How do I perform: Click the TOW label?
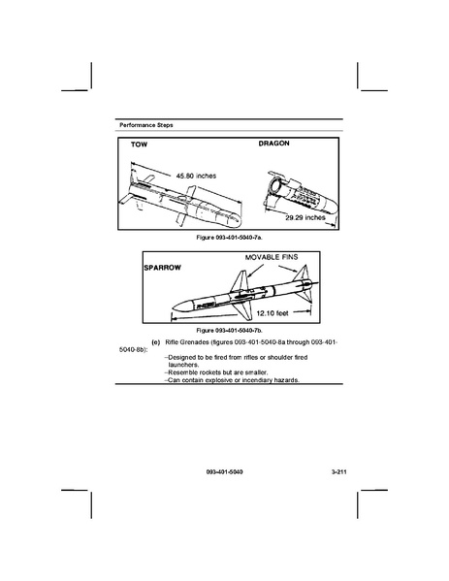139,145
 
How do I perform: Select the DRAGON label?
274,144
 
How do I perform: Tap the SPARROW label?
163,268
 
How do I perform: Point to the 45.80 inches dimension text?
196,176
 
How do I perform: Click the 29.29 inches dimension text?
305,217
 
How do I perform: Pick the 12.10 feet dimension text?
273,313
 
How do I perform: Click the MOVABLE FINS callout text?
272,257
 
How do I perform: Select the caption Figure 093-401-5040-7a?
229,238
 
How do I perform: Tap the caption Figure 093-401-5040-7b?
229,330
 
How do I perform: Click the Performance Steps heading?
146,125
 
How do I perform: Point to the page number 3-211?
339,472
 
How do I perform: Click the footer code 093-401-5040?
225,472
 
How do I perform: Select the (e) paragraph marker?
156,342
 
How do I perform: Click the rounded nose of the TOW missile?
236,221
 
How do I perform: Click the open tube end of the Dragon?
274,184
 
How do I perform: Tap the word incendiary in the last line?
257,380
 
